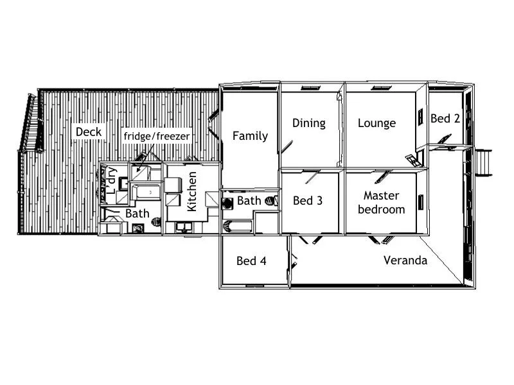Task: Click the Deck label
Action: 89,132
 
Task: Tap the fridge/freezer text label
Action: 156,137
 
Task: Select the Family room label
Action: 250,135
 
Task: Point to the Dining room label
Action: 308,123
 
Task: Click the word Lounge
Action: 377,123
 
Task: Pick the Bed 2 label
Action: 445,119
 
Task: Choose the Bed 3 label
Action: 307,201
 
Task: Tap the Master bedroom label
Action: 382,202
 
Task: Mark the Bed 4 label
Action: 251,261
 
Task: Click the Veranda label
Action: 405,261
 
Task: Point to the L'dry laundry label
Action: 111,180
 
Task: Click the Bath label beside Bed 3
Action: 249,201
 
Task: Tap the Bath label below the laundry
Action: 137,213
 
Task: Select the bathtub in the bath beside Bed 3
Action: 236,226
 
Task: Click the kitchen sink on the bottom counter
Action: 183,227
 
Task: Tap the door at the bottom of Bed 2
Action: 441,141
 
